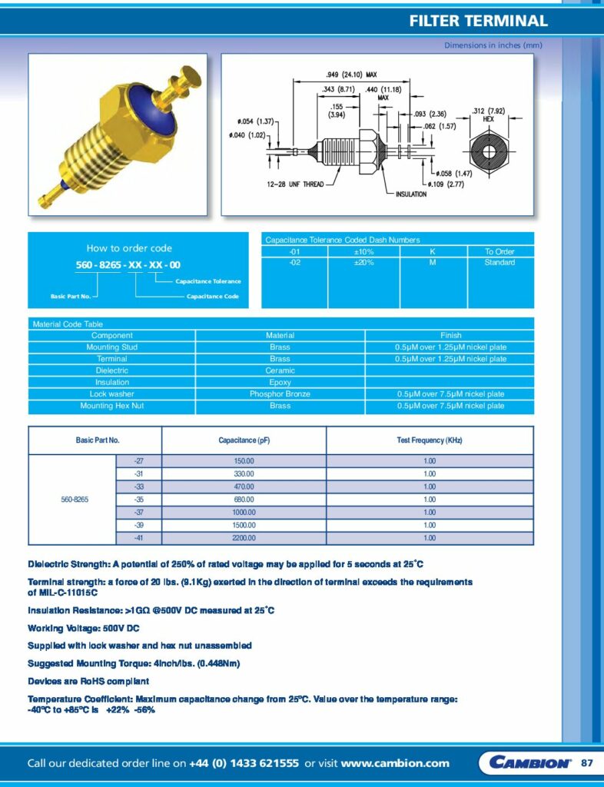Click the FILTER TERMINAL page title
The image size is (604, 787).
tap(478, 22)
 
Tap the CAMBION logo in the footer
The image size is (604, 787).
tap(529, 762)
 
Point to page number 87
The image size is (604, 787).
tap(587, 762)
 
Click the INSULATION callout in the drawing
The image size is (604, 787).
tap(411, 194)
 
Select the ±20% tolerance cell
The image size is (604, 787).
tap(363, 263)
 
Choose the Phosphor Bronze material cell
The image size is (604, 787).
tap(280, 394)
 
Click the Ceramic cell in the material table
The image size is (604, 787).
tap(280, 370)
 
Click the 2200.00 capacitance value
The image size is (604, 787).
tap(243, 538)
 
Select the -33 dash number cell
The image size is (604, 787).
tap(138, 486)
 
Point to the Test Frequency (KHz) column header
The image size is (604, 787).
tap(430, 440)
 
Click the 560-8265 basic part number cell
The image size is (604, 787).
tap(75, 500)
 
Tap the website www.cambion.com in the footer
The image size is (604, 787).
tap(395, 763)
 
